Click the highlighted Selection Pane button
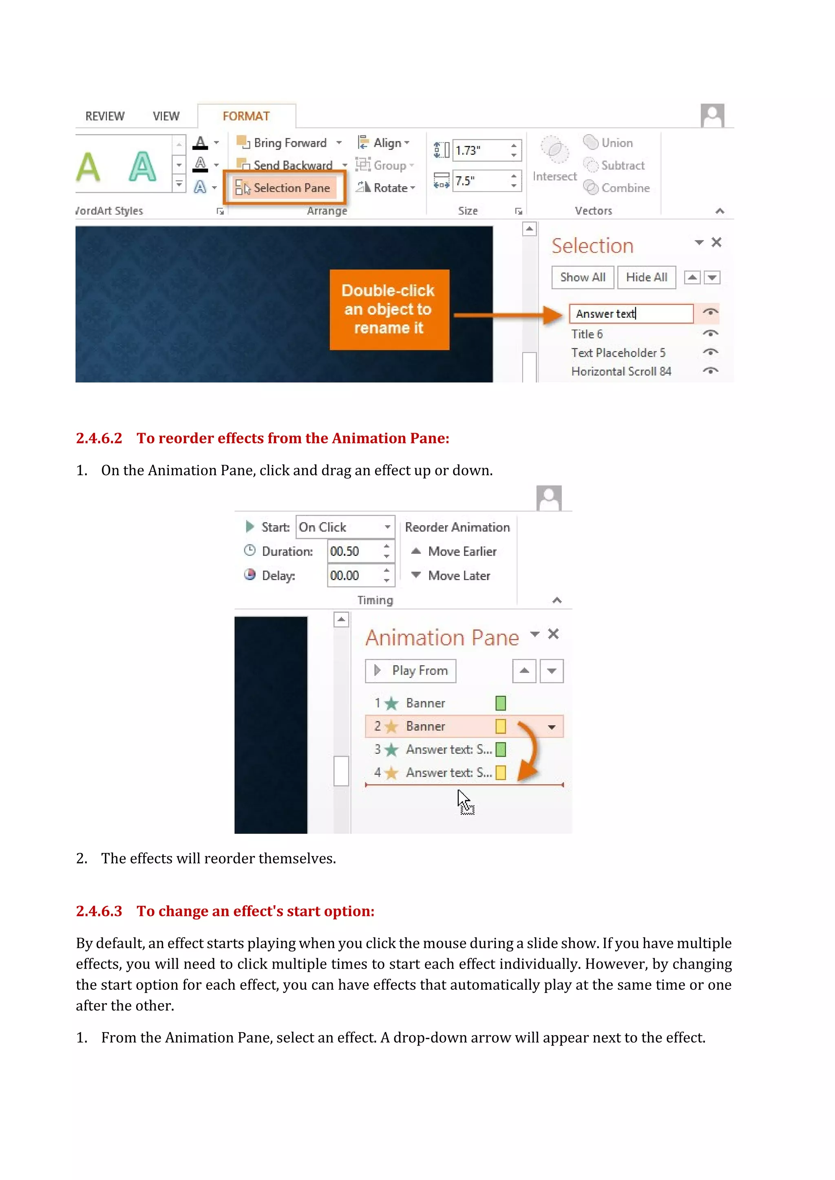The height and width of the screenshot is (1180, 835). (x=284, y=187)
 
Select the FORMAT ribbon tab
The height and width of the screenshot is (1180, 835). (x=246, y=116)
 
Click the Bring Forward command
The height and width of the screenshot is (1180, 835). (x=289, y=143)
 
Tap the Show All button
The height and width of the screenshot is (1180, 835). (x=582, y=277)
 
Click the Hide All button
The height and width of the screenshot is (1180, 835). (x=646, y=277)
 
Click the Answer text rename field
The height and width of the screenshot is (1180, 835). (x=630, y=313)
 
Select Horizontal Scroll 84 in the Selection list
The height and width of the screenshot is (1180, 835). (x=621, y=371)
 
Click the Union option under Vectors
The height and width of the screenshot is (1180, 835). (x=616, y=143)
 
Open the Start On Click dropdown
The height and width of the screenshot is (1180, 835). (x=387, y=527)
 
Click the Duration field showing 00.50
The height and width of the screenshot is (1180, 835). (x=354, y=551)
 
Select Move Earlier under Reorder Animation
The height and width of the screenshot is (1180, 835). (x=461, y=551)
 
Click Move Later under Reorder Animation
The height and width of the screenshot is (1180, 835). (x=458, y=576)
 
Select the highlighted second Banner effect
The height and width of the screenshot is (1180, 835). (x=425, y=726)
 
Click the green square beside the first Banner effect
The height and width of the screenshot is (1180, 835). (x=500, y=702)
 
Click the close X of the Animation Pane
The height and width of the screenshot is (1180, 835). (x=553, y=634)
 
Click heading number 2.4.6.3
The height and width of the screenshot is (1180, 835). (x=99, y=911)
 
